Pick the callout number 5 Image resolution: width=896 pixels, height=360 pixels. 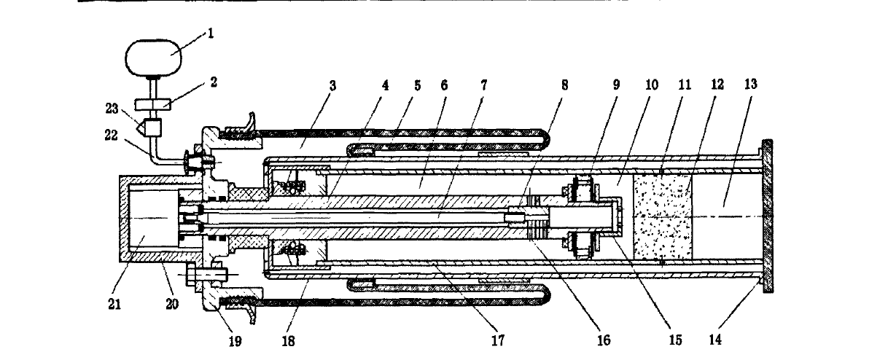coord(418,85)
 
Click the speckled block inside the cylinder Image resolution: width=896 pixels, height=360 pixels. coord(661,217)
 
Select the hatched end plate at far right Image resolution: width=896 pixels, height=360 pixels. coord(768,217)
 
